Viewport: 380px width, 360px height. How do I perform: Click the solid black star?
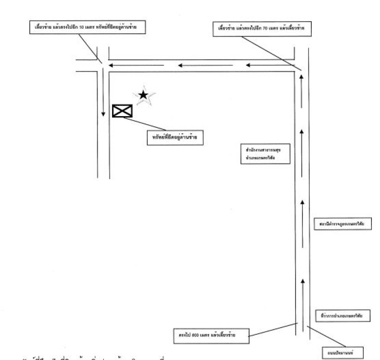pyautogui.click(x=143, y=95)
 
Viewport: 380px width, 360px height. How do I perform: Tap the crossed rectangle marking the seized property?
pyautogui.click(x=122, y=111)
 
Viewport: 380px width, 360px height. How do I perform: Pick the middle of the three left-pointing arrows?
pyautogui.click(x=205, y=66)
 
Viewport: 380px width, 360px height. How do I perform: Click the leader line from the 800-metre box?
pyautogui.click(x=272, y=329)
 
